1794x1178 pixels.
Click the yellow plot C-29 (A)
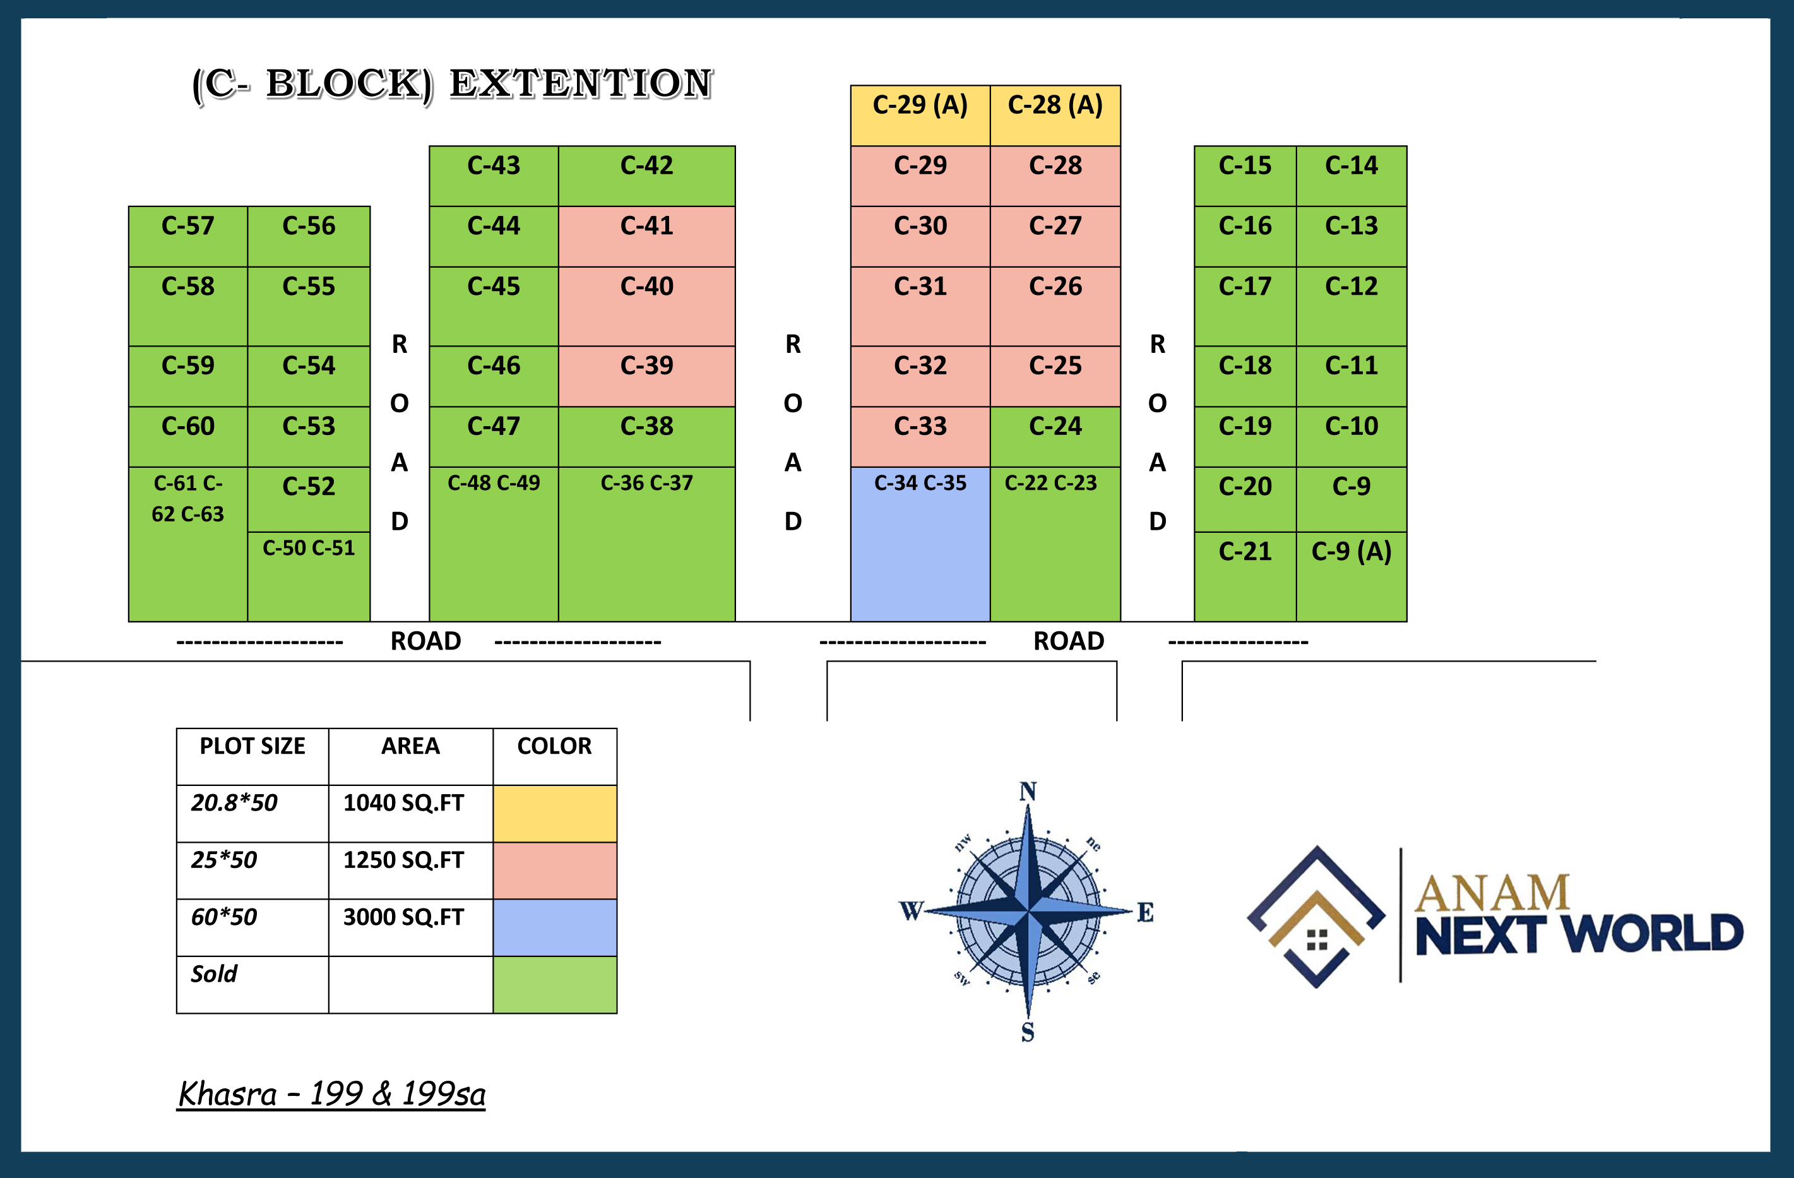click(x=920, y=114)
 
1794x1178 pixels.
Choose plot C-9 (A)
click(x=1351, y=576)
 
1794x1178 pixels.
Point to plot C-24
click(x=1055, y=436)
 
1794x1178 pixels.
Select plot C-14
click(x=1351, y=176)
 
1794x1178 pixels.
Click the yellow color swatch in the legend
click(x=555, y=813)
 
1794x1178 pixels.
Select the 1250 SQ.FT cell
click(x=404, y=860)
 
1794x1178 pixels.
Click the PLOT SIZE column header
click(x=252, y=746)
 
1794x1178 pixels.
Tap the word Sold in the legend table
click(x=214, y=973)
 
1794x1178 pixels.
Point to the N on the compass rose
click(x=1028, y=792)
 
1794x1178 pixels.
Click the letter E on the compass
click(x=1145, y=912)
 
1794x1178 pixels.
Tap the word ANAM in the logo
click(x=1491, y=893)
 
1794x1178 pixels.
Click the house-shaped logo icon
click(x=1316, y=917)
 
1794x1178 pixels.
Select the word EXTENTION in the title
click(x=580, y=84)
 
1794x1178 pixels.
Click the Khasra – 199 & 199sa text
click(x=331, y=1093)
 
